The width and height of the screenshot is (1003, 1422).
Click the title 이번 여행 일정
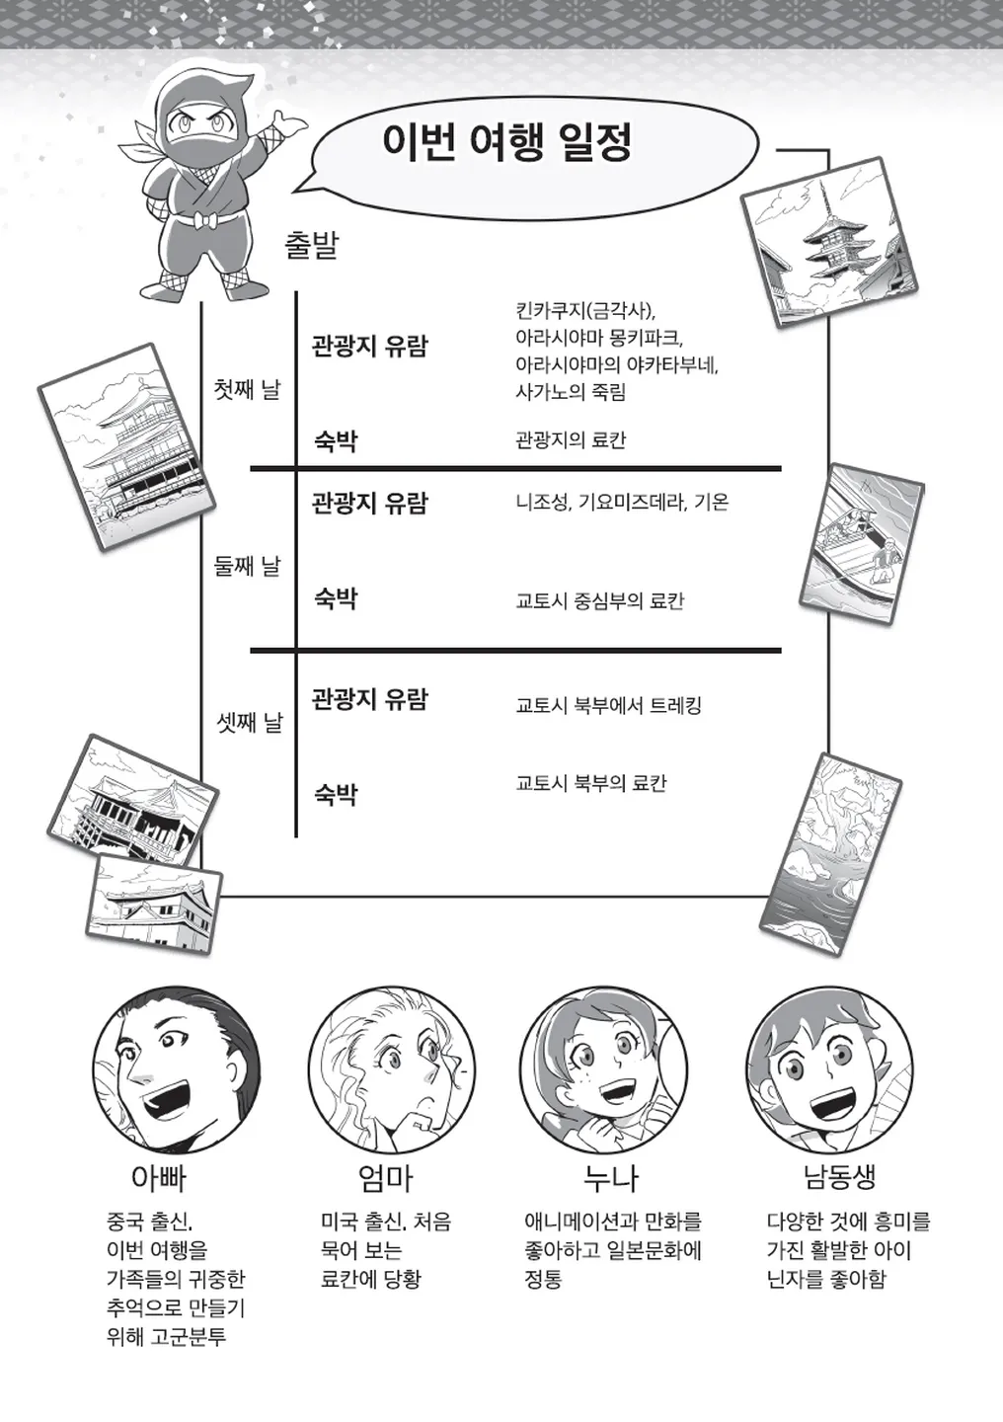click(506, 143)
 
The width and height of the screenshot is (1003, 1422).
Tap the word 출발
click(311, 246)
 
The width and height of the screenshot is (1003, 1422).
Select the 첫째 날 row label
click(247, 389)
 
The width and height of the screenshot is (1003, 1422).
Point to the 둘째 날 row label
click(247, 566)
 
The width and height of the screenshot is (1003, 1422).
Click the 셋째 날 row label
click(250, 722)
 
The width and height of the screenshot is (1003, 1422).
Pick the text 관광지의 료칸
click(571, 440)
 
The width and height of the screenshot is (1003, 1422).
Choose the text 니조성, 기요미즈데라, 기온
click(622, 503)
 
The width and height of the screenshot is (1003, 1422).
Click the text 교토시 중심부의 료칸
click(600, 600)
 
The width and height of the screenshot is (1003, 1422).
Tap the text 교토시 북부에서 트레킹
click(608, 705)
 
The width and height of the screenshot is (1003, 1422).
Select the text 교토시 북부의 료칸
click(591, 783)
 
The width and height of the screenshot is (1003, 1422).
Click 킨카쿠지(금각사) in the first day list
click(585, 312)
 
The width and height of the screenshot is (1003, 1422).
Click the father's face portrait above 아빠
click(177, 1068)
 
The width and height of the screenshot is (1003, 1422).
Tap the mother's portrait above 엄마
click(392, 1069)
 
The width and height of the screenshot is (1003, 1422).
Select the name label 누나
click(611, 1177)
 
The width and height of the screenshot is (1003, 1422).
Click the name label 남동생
click(840, 1176)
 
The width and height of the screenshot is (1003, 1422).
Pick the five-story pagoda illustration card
click(829, 242)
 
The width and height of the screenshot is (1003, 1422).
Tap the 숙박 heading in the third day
click(336, 794)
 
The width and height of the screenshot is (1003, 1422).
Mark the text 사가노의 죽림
click(571, 392)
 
